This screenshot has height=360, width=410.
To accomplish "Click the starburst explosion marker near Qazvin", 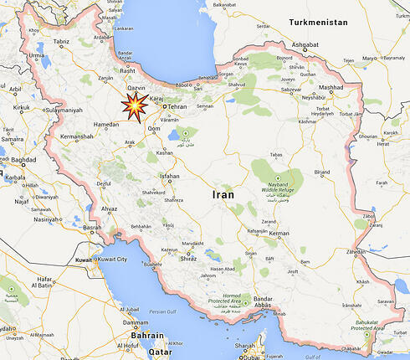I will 133,106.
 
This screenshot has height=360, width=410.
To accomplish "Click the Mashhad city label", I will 331,88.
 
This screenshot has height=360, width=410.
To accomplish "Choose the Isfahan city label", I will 170,177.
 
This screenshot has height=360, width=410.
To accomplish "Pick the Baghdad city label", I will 22,160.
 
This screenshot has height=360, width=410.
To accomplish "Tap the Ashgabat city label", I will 305,44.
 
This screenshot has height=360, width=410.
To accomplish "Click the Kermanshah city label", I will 78,136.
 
